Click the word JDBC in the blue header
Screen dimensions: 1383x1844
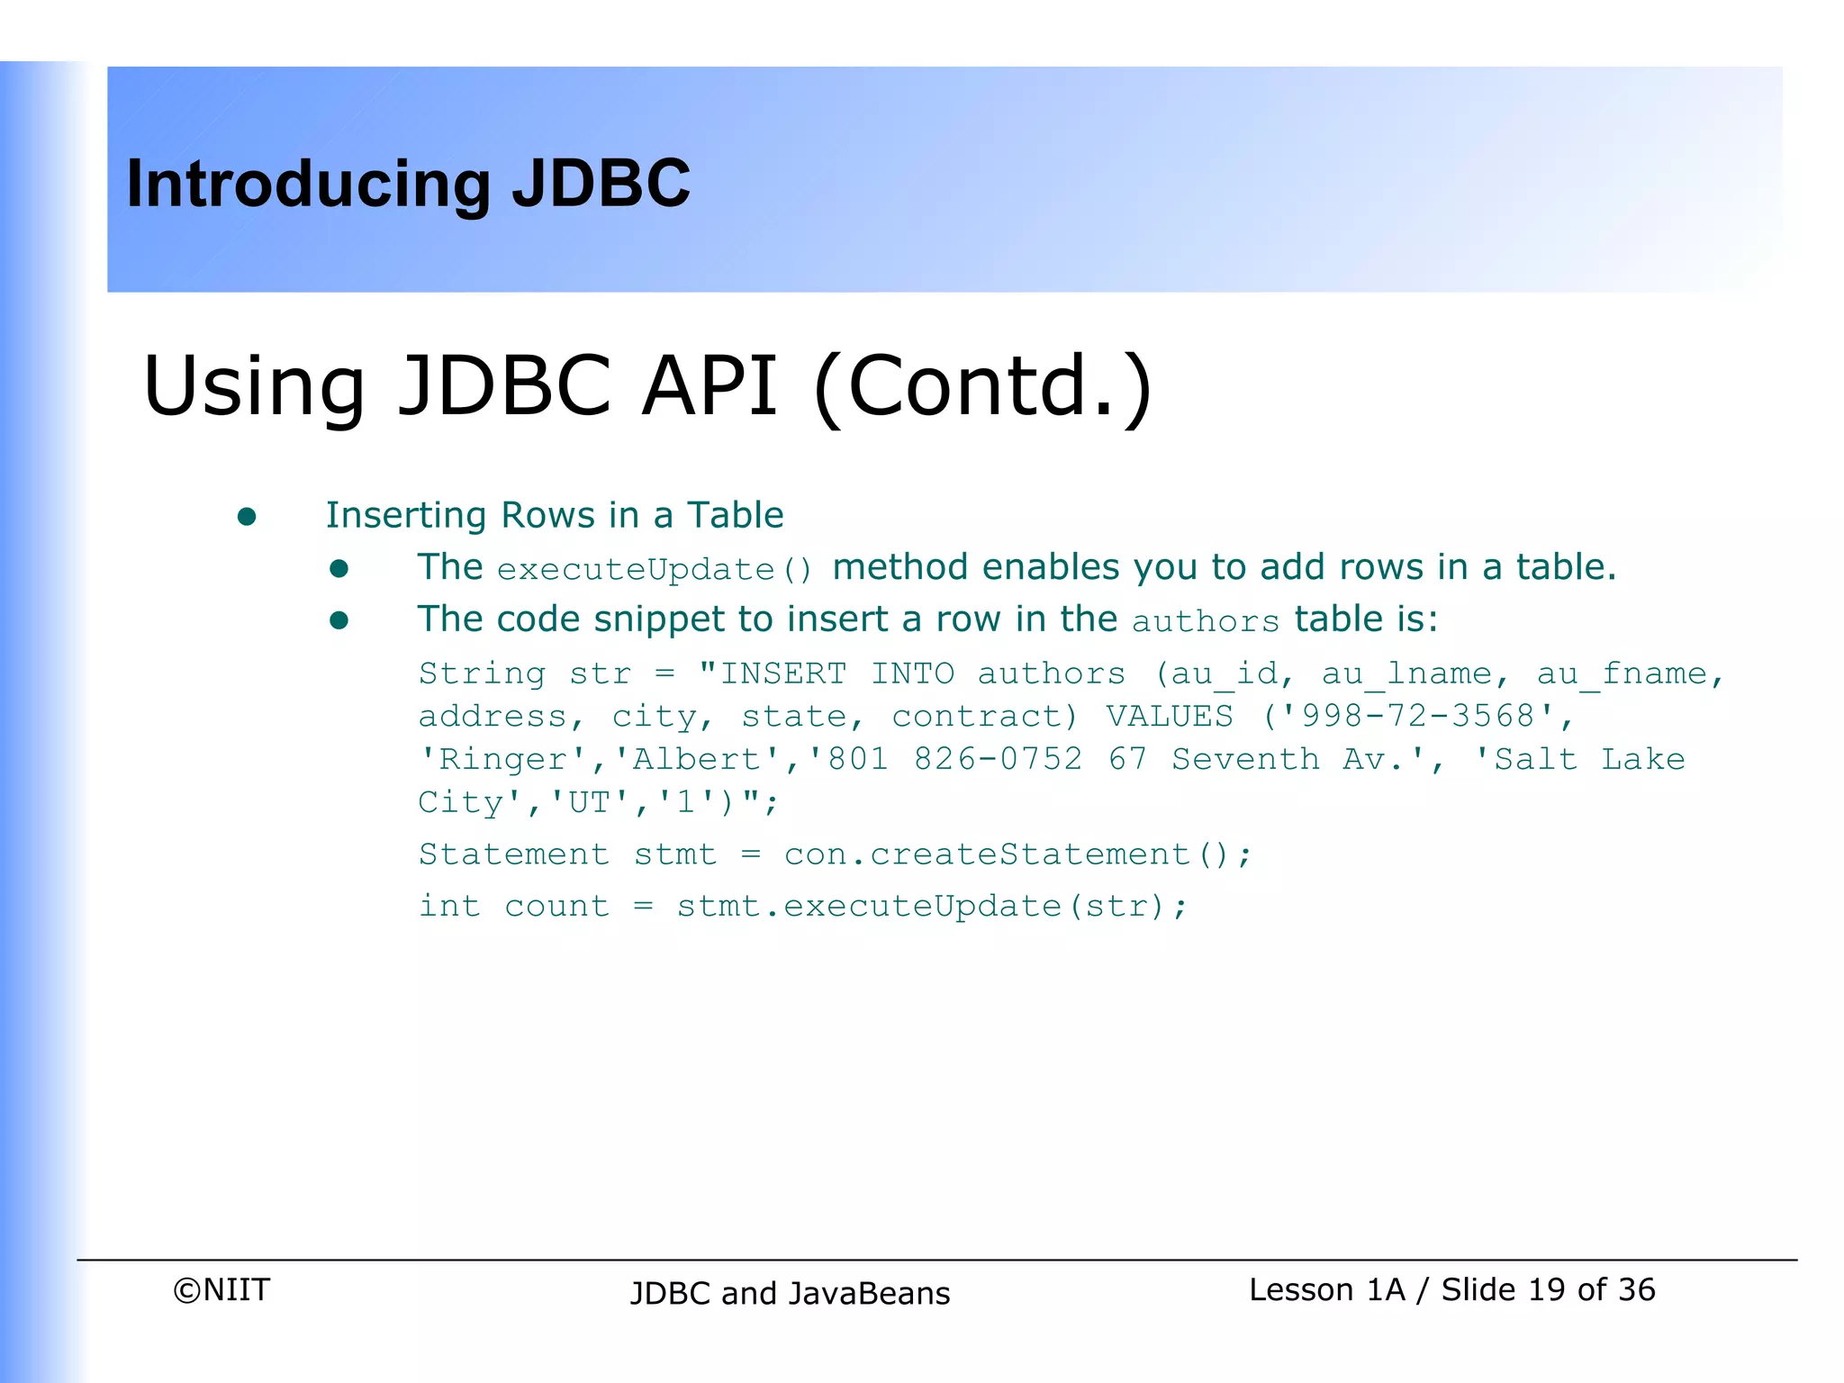click(x=601, y=184)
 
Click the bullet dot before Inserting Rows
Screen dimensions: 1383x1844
click(x=247, y=517)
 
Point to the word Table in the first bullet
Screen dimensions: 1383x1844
click(x=735, y=515)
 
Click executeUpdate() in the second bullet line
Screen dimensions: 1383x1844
click(x=655, y=569)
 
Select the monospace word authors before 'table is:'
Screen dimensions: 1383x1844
click(x=1205, y=621)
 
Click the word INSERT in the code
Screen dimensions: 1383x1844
click(x=783, y=673)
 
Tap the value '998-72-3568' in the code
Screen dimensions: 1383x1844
click(x=1418, y=716)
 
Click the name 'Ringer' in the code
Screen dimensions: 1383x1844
click(x=503, y=759)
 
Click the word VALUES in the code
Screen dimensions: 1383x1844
click(x=1169, y=716)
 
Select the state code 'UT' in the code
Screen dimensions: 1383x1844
click(x=590, y=801)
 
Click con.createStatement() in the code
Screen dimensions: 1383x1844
click(x=1006, y=854)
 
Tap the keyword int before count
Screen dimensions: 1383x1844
click(x=449, y=906)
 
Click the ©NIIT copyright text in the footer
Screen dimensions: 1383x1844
click(x=221, y=1289)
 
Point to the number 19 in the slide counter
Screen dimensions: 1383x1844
click(x=1546, y=1289)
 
